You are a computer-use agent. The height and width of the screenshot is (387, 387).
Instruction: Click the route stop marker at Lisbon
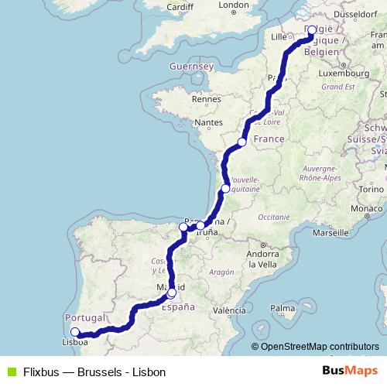point(75,332)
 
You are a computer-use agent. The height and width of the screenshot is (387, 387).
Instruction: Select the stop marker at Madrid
point(171,293)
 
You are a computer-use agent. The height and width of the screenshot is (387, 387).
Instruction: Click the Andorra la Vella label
point(255,259)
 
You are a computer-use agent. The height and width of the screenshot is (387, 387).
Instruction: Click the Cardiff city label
point(179,7)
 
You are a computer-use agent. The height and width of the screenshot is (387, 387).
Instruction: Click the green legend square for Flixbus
point(9,372)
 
